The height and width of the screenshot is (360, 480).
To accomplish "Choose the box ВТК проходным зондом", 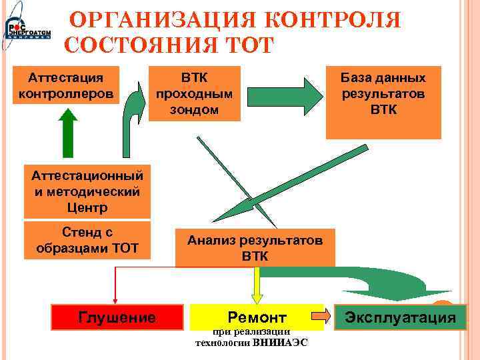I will pos(194,93).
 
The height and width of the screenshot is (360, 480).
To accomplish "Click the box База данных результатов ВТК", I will pos(383,101).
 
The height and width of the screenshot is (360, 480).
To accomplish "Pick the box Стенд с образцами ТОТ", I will pos(87,240).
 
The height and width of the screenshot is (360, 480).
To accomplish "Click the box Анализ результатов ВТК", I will pos(254,247).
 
